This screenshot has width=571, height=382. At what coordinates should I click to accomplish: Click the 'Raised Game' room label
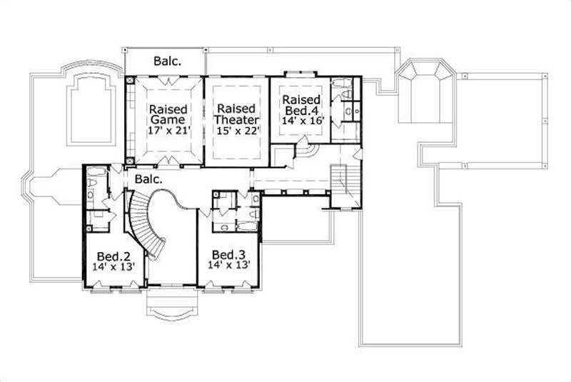(168, 115)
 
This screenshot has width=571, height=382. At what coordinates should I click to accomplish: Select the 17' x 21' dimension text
(168, 131)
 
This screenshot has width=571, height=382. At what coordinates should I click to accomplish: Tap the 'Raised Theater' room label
(236, 115)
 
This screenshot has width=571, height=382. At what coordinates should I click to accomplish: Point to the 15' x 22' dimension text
(236, 131)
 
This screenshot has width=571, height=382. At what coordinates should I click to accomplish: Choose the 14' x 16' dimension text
(303, 121)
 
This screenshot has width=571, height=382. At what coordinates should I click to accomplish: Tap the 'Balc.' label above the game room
(167, 61)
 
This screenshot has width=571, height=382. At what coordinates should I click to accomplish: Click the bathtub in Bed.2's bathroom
(96, 174)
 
